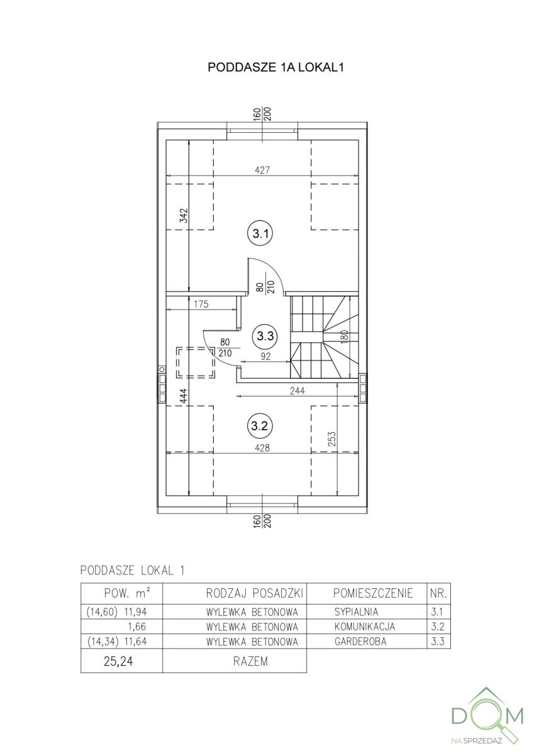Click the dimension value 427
262,169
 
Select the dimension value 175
201,304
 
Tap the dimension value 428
262,448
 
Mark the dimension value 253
331,438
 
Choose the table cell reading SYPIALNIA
357,611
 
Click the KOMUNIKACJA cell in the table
364,627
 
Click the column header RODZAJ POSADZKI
255,593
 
